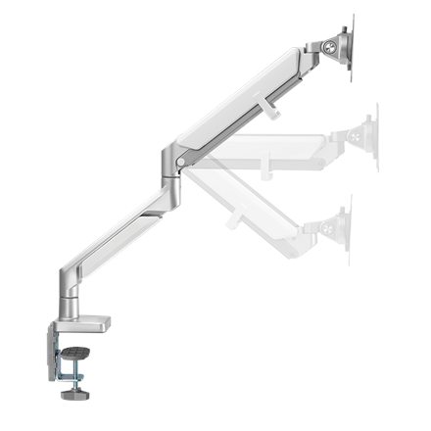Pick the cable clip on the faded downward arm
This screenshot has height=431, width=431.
click(232, 217)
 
